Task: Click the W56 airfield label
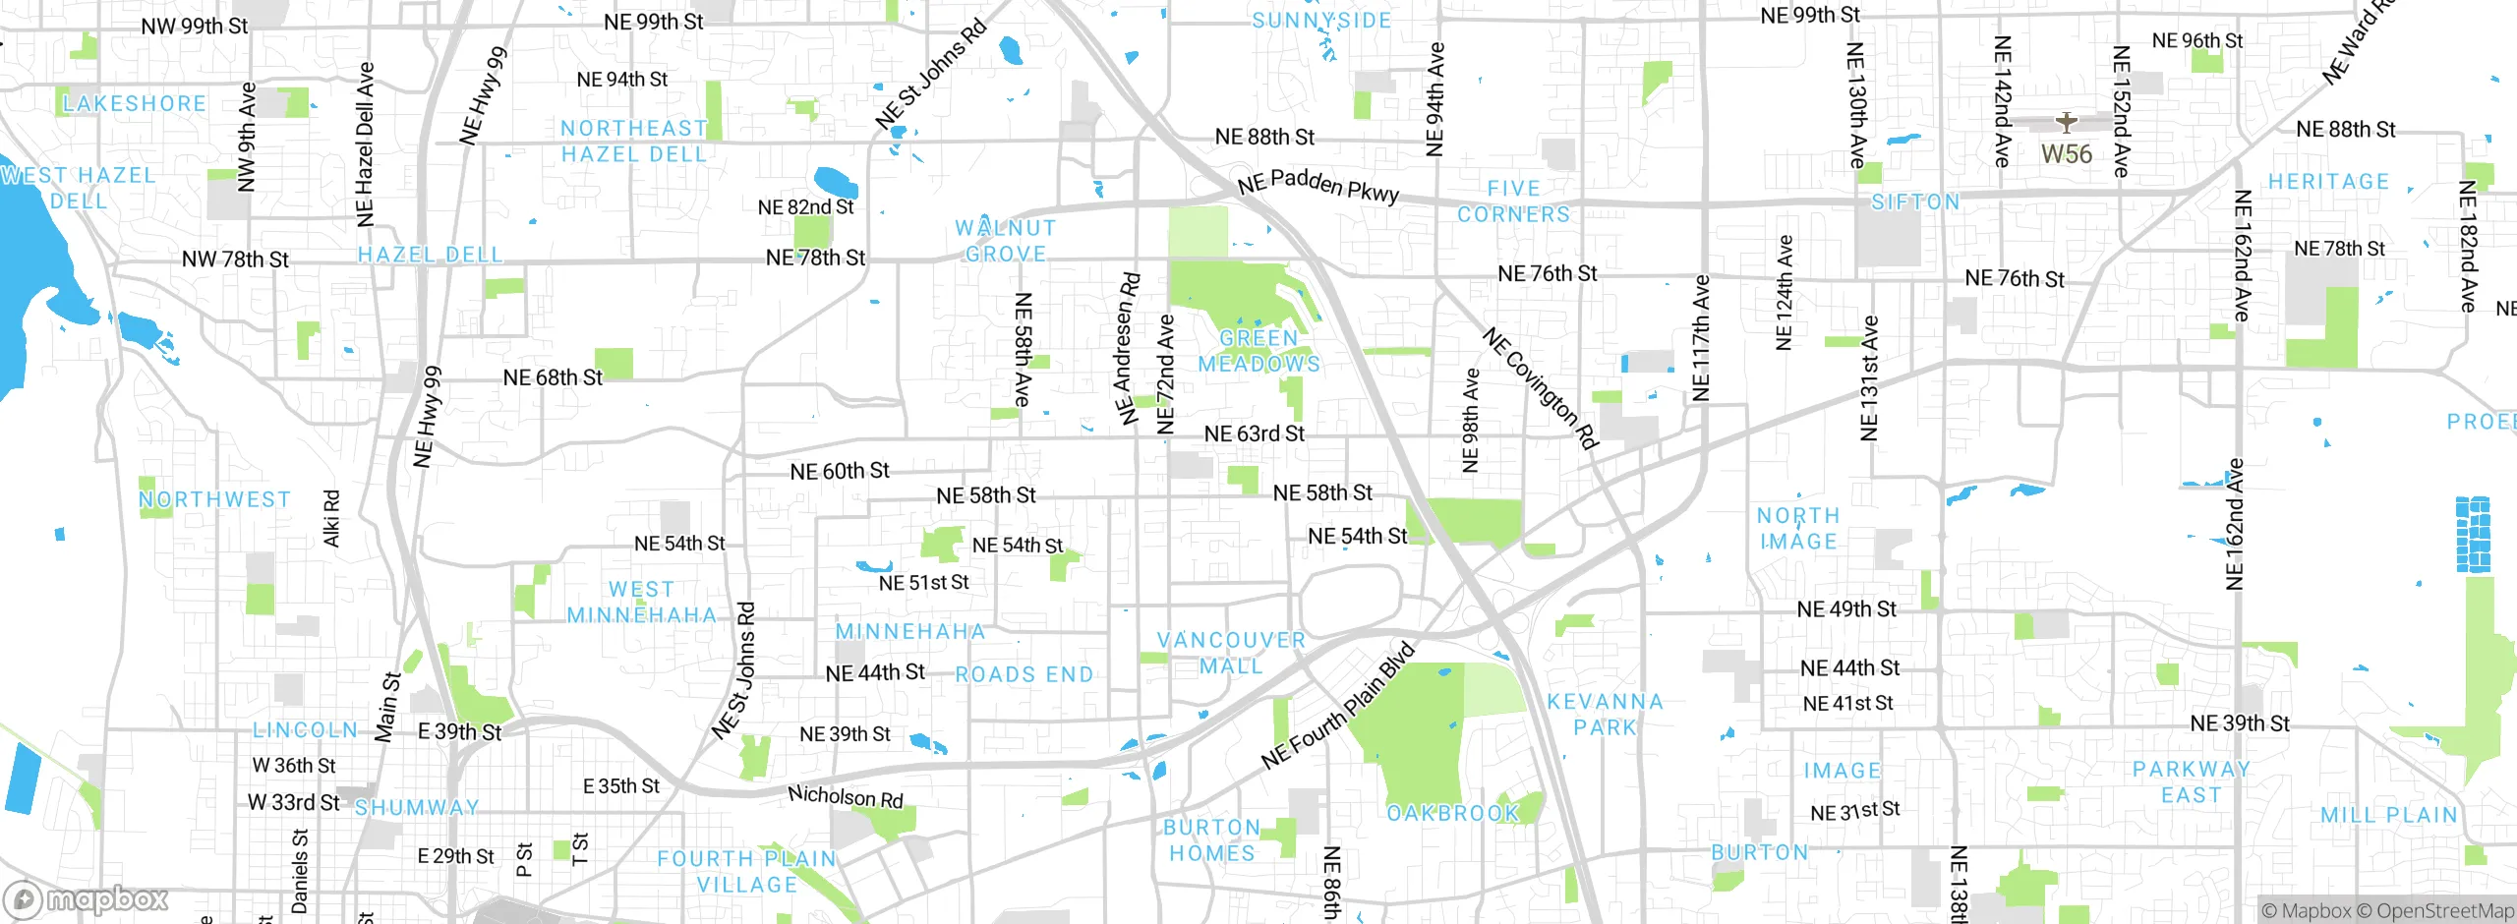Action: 2066,154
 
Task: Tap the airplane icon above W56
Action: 2066,123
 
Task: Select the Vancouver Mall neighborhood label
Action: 1231,653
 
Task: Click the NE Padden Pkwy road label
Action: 1317,185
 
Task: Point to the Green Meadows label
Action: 1258,351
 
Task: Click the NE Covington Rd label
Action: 1540,389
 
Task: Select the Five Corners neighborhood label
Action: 1513,202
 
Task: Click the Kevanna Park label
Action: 1605,715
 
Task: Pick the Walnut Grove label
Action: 1005,241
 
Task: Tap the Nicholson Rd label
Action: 845,796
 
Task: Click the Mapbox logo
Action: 87,898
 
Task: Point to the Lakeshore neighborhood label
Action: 135,103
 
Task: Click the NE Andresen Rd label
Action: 1127,349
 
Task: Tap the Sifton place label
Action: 1914,202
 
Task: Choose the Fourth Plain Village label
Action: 746,872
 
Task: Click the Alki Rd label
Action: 331,518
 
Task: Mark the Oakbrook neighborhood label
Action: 1452,813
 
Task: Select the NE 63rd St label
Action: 1254,433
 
